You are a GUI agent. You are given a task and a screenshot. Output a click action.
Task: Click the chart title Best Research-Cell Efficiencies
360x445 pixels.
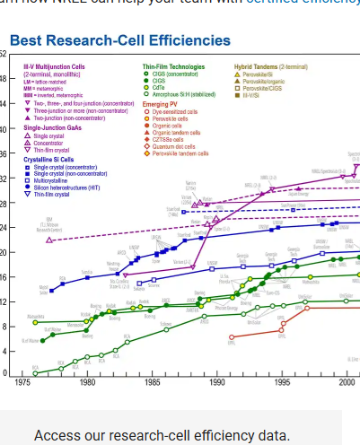point(119,41)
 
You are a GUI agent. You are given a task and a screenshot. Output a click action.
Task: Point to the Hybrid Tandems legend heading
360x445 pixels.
point(270,66)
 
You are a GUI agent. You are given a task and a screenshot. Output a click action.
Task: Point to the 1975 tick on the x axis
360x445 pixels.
point(22,381)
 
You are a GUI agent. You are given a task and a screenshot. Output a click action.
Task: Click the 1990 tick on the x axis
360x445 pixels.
point(216,381)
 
